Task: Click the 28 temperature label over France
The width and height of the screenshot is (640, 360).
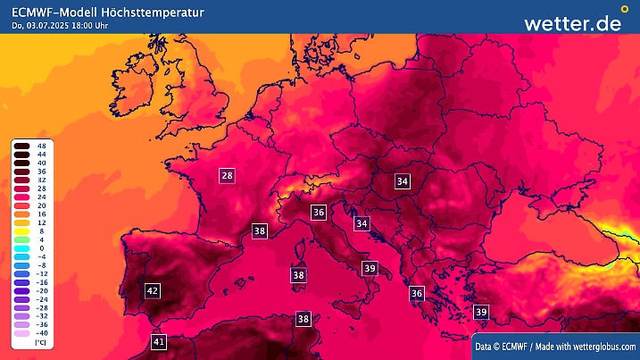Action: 227,176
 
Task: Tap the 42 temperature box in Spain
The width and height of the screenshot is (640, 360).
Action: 153,290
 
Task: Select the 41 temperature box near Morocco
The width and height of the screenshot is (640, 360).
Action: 159,341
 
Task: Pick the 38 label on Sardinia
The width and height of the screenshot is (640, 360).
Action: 299,275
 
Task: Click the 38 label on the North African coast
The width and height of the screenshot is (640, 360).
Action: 303,319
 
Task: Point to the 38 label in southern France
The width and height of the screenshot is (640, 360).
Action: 260,230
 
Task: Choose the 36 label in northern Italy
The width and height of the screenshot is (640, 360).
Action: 319,212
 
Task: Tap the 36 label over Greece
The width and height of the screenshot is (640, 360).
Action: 416,293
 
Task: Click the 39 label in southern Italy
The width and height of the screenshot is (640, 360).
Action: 370,268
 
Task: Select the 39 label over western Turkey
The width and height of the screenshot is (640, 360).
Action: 481,312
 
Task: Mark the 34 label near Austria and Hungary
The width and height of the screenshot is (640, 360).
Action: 403,181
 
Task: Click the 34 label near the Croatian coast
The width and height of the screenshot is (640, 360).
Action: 362,222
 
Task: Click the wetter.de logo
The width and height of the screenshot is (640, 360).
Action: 572,22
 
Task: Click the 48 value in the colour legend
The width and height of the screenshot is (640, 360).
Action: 42,146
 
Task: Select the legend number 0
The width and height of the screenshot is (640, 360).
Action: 41,248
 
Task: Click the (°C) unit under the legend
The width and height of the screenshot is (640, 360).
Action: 40,343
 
